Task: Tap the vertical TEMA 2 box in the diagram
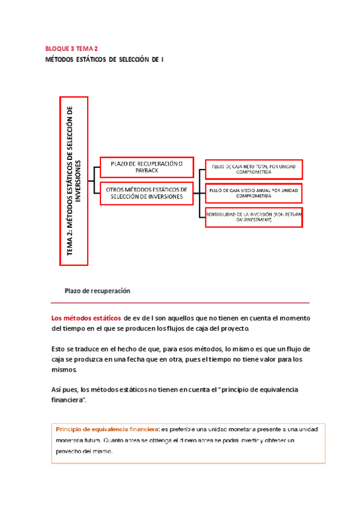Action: (74, 180)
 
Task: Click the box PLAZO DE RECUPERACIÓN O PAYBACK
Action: (146, 167)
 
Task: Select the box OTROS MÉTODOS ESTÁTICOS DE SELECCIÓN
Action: (146, 193)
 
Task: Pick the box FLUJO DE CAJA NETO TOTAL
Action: (254, 167)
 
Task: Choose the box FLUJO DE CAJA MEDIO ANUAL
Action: (254, 193)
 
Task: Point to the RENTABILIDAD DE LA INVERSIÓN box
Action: (254, 217)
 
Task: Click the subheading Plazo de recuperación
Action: (97, 290)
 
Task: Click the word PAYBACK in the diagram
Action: (147, 171)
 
